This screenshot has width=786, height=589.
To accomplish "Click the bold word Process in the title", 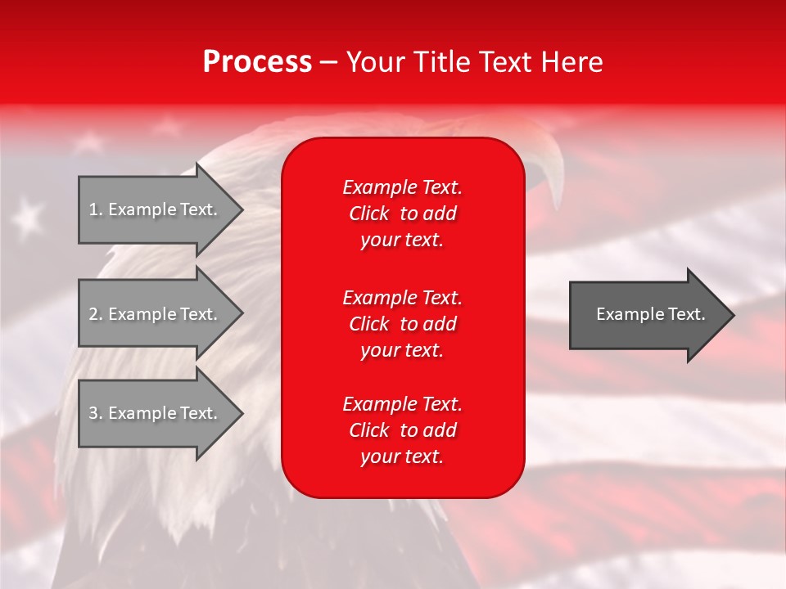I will (x=257, y=62).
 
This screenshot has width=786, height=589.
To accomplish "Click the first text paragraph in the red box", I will (x=402, y=214).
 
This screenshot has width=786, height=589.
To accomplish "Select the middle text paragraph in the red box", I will (x=402, y=324).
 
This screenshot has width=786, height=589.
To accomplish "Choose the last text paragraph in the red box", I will (x=402, y=430).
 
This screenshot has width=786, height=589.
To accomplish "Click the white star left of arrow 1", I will (x=29, y=217).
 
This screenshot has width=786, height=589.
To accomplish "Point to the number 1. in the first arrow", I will (x=96, y=209).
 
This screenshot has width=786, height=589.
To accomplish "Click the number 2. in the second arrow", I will (x=96, y=314).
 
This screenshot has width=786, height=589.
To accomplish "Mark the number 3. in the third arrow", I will (x=96, y=413).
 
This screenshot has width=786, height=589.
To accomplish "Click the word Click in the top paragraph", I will (x=369, y=214).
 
